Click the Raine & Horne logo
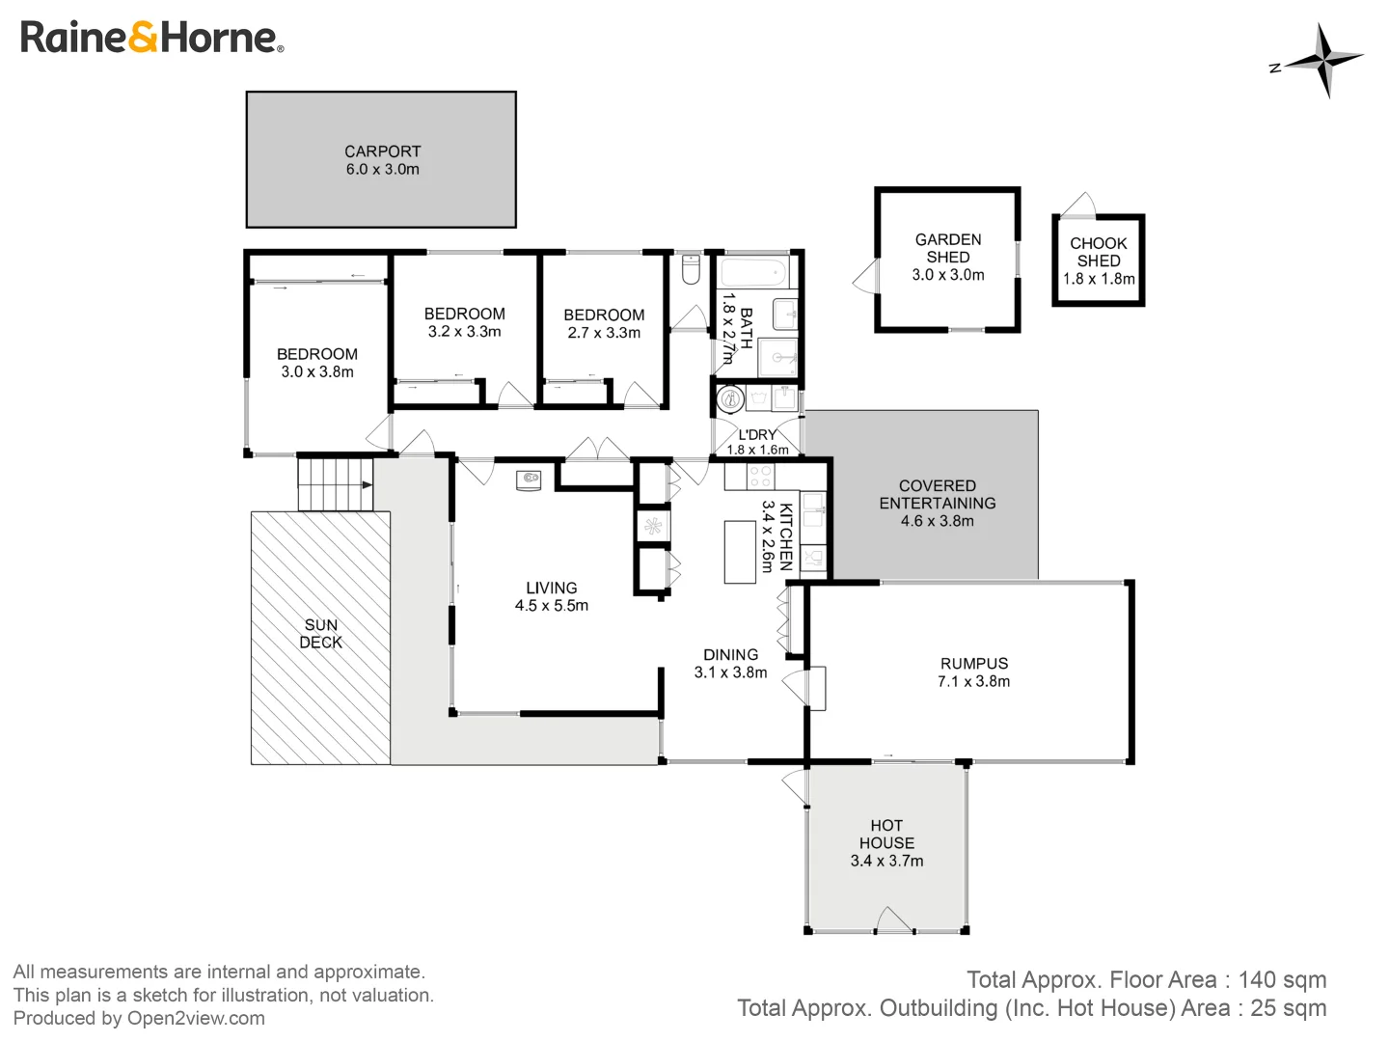tap(151, 38)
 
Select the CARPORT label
tap(382, 151)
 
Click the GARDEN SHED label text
tap(947, 248)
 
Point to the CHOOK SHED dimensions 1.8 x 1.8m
tap(1098, 279)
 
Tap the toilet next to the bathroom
tap(690, 269)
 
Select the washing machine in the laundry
tap(730, 398)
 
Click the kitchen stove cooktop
tap(761, 477)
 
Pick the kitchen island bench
tap(740, 552)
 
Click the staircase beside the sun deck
tap(334, 483)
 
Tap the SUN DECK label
tap(320, 634)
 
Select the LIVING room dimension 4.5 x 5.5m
tap(551, 606)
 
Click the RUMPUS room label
tap(973, 664)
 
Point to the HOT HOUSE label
tap(885, 835)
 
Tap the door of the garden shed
tap(867, 277)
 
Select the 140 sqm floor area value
tap(1282, 980)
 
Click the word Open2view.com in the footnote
tap(196, 1018)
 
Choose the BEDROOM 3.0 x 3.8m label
tap(316, 363)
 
